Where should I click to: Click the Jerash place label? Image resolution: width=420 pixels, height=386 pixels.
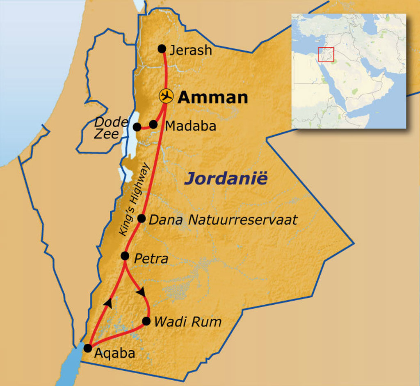coord(191,51)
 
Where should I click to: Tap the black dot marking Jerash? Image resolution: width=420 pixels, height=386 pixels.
coord(162,48)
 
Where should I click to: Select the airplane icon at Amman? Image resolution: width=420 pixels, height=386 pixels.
coord(166,96)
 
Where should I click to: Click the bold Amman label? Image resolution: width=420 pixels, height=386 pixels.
coord(213,98)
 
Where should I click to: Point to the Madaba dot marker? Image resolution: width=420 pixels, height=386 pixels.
coord(153,124)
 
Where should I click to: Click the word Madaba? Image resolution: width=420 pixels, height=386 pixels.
coord(190,126)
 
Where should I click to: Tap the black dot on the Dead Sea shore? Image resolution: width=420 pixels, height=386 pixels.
coord(137,127)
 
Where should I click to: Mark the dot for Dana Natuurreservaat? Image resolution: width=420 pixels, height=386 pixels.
coord(141,218)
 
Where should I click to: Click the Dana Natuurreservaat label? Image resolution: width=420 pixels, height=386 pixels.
coord(223,220)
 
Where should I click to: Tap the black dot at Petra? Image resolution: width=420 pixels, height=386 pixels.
coord(126,256)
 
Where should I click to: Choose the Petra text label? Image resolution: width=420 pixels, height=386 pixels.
coord(151,259)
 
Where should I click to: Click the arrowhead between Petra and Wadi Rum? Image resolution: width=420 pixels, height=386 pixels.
coord(141,292)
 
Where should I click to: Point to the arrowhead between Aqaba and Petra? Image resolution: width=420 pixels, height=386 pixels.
coord(108,303)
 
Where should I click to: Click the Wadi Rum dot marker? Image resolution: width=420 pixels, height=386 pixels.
coord(146,321)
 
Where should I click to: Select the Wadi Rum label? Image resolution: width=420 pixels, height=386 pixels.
coord(187,322)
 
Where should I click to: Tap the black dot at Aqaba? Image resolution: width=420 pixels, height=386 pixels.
coord(87,348)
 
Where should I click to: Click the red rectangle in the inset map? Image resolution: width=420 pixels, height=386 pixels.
coord(326,55)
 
